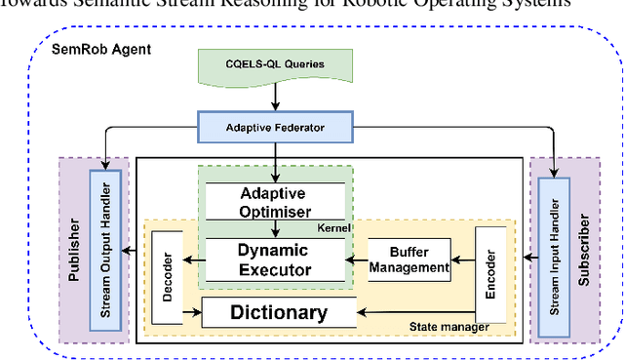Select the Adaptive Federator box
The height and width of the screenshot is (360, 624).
click(x=275, y=125)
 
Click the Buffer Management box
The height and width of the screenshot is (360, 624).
click(x=409, y=259)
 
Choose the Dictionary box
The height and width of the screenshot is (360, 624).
click(x=278, y=312)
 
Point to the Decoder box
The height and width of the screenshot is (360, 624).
click(x=167, y=278)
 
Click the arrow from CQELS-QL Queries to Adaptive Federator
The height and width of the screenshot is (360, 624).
click(x=275, y=96)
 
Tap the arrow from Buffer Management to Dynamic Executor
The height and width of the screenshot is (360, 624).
click(x=357, y=260)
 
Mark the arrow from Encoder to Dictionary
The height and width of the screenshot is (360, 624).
click(x=419, y=312)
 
